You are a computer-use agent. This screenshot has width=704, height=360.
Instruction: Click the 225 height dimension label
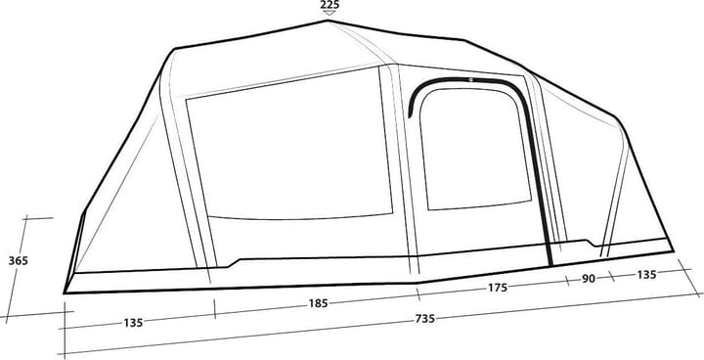tap(330, 5)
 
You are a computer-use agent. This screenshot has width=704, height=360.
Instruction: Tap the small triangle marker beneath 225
tap(330, 13)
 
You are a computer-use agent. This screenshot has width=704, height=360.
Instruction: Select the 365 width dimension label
tap(18, 260)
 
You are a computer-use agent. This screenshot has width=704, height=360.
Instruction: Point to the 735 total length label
tap(424, 319)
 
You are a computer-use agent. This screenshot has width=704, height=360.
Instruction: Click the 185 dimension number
tap(318, 304)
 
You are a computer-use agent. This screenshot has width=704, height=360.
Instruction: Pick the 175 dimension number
tap(498, 288)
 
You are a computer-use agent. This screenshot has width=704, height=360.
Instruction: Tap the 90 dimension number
tap(589, 279)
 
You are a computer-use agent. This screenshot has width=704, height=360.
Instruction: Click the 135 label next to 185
tap(133, 323)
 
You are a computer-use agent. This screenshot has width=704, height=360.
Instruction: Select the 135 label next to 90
tap(646, 274)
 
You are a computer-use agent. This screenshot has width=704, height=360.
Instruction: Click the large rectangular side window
tap(289, 144)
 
